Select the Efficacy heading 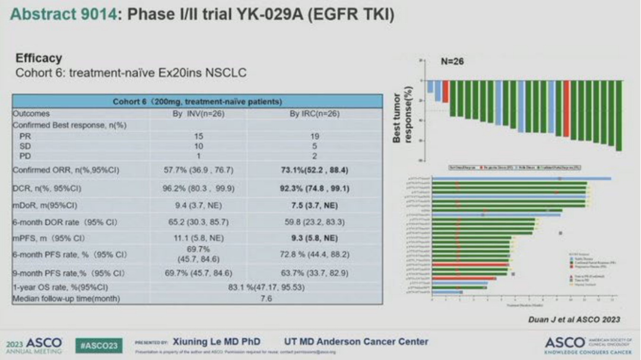coord(39,59)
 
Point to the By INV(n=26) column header coord(198,113)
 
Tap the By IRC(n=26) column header coord(314,113)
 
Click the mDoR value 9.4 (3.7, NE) coord(198,205)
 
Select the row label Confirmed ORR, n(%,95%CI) coord(66,170)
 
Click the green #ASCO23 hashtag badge coord(99,345)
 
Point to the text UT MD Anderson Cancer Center coord(356,342)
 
